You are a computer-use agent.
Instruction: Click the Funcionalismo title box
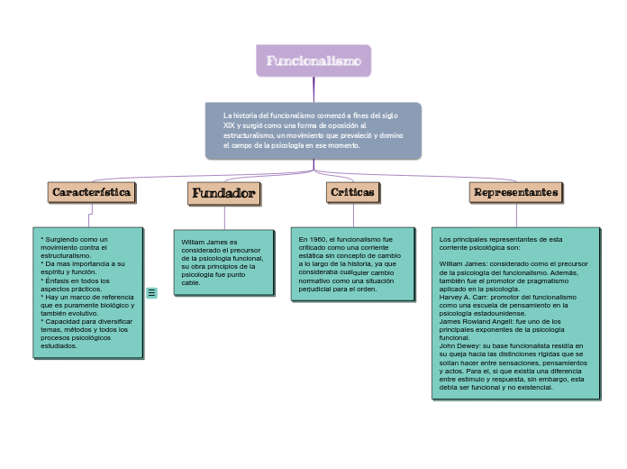[x=313, y=61]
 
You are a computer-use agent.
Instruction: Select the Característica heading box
[x=92, y=192]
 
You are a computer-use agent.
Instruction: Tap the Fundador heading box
[x=223, y=193]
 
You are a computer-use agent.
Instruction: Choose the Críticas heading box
[x=352, y=192]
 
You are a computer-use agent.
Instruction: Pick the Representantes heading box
[x=516, y=192]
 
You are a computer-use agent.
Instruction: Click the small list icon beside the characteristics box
[x=151, y=292]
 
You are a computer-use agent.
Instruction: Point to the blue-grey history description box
[x=313, y=131]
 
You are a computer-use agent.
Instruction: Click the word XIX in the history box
[x=230, y=125]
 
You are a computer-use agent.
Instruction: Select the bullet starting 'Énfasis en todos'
[x=76, y=280]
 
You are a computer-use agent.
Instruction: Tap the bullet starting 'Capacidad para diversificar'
[x=86, y=321]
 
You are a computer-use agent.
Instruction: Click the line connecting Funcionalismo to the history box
[x=313, y=89]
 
